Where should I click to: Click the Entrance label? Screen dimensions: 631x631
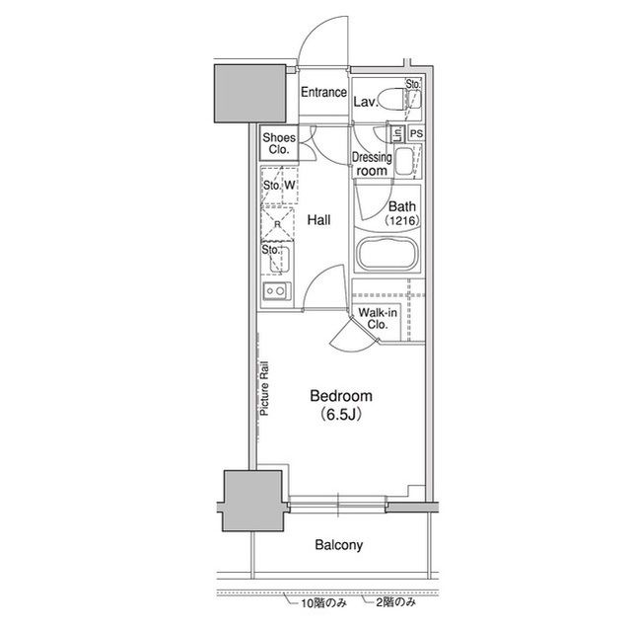[323, 92]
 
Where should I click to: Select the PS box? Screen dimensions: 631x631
[417, 133]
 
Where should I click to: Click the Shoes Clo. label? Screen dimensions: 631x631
[279, 143]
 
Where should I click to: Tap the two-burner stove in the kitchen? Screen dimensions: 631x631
[276, 291]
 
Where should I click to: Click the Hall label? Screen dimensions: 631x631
[318, 220]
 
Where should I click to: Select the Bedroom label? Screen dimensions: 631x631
[341, 396]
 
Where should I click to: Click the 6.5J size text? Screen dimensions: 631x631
[340, 414]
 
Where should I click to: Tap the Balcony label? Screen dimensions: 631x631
[339, 545]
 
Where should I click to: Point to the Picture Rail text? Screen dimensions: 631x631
[264, 388]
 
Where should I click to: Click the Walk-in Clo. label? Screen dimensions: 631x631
[378, 318]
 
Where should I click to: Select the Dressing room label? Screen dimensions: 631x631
[372, 164]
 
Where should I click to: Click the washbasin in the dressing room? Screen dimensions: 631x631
[404, 161]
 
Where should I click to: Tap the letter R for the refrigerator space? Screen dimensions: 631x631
[277, 223]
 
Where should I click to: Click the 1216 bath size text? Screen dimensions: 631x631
[402, 220]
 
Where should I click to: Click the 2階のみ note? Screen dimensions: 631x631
[395, 602]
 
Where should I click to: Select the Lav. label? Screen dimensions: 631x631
[366, 102]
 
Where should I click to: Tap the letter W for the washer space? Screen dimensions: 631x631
[289, 185]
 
